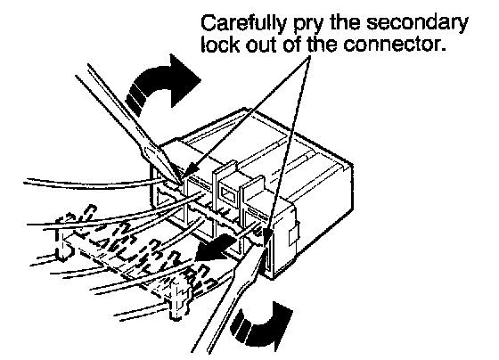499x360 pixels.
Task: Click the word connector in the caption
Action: pos(393,45)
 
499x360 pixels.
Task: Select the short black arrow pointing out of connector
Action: pos(214,248)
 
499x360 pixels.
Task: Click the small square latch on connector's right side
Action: pos(294,234)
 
